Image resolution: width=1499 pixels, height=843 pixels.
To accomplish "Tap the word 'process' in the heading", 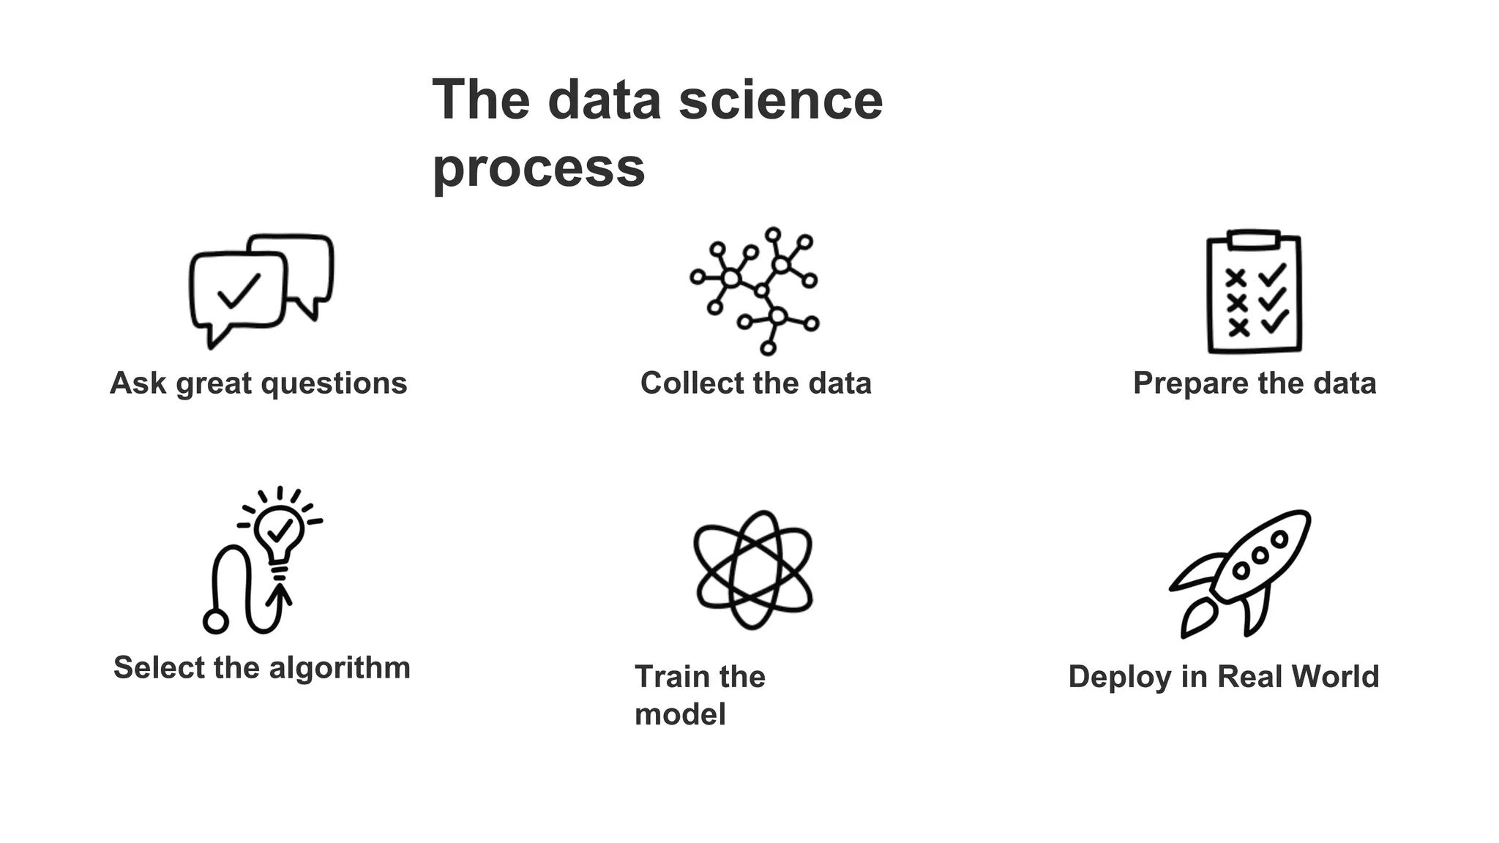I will [539, 168].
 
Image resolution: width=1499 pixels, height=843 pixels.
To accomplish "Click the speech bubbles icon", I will [261, 290].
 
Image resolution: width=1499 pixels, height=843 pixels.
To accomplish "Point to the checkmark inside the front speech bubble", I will [239, 291].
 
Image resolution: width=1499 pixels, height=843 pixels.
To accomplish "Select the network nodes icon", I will [754, 291].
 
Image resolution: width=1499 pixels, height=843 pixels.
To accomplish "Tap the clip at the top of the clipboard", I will [1254, 239].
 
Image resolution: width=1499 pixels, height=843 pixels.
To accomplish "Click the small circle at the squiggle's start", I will [215, 622].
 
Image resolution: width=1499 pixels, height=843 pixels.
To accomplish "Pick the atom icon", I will [752, 569].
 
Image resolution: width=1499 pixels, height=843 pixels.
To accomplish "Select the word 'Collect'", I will [682, 383].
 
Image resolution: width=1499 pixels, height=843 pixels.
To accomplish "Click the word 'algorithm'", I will [340, 667].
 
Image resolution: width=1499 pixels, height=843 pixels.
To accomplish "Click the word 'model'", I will [680, 715].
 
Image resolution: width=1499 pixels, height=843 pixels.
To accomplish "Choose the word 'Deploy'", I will [1120, 677].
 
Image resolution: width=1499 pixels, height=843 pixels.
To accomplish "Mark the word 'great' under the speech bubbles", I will [214, 383].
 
